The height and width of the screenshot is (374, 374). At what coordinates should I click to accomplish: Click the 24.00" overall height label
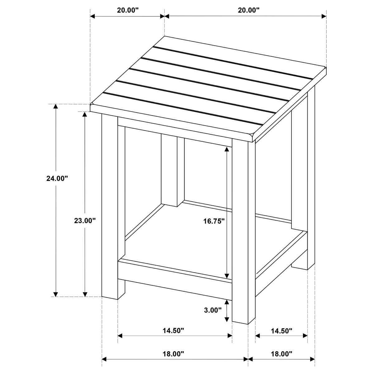(x=57, y=179)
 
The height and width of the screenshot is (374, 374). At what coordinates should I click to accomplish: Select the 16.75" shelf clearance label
(x=214, y=221)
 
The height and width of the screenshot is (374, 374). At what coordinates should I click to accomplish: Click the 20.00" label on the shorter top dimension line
(x=128, y=10)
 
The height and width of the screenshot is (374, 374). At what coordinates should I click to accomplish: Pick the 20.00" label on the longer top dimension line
(x=248, y=10)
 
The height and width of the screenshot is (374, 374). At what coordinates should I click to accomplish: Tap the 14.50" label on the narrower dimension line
(x=281, y=331)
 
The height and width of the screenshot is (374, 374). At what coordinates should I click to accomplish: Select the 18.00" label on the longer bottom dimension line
(x=174, y=354)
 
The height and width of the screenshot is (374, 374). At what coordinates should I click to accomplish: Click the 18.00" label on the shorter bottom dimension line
(x=281, y=354)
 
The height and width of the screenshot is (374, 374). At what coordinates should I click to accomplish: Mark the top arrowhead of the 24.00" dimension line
(x=56, y=107)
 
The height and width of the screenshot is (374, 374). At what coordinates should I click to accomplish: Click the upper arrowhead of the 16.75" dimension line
(x=228, y=150)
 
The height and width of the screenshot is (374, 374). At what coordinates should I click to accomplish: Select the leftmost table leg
(x=110, y=206)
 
